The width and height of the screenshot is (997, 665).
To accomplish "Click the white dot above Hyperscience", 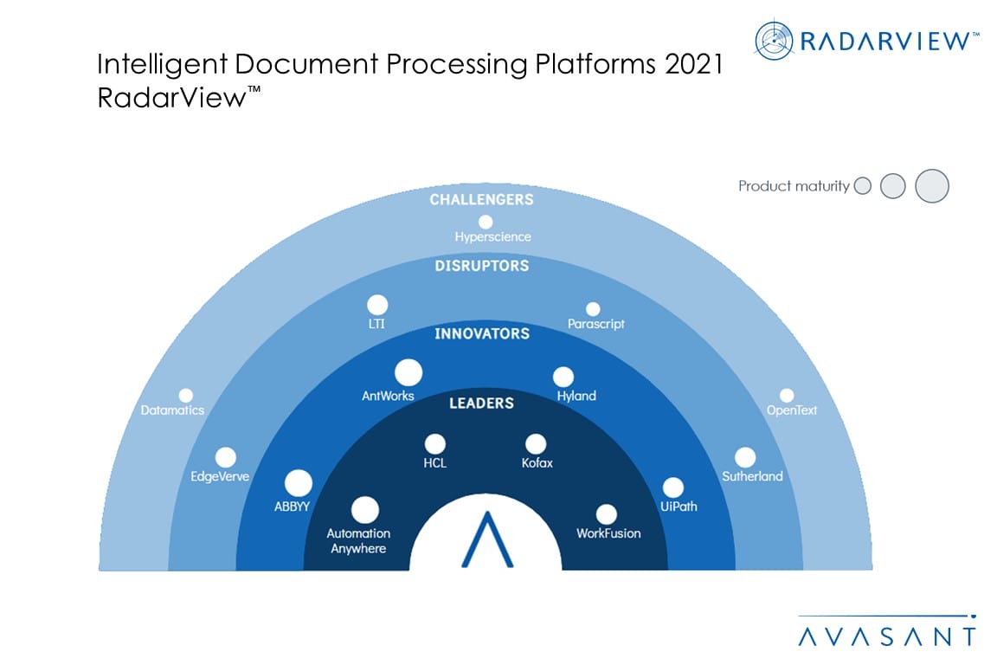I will (486, 222).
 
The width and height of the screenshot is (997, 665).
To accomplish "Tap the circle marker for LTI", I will (376, 305).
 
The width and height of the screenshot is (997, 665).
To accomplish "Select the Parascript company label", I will (595, 325).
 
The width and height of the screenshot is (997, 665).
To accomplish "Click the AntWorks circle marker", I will (408, 373).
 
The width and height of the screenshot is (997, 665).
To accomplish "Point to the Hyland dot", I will (563, 377).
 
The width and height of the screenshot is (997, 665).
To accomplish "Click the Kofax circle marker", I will (536, 443).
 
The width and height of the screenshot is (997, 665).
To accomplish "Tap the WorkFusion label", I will (608, 533).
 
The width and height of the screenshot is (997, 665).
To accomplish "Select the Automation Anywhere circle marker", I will (365, 510).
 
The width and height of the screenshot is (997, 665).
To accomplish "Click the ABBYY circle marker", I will (299, 483).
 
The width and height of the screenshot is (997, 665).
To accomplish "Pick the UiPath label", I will (679, 507).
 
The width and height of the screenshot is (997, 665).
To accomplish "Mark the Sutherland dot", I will (744, 457).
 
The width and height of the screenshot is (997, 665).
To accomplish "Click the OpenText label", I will (791, 410).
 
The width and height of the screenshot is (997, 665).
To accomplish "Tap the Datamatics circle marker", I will (185, 396).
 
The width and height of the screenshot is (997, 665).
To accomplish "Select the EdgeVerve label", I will (219, 475).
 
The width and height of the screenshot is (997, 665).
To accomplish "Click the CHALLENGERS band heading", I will (482, 200).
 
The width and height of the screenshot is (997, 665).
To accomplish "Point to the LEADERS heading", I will (481, 403).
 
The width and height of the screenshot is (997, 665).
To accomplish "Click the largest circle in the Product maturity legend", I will (932, 186).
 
